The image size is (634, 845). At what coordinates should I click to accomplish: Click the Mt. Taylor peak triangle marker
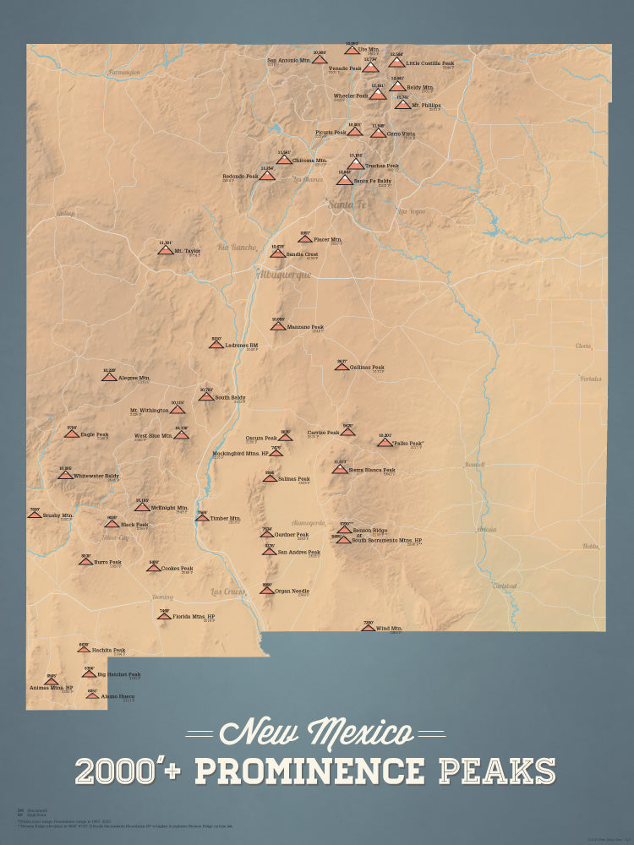(x=165, y=250)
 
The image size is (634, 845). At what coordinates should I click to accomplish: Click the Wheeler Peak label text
(x=350, y=96)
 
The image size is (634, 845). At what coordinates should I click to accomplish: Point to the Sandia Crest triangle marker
(x=277, y=253)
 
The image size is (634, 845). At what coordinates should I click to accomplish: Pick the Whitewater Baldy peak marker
(x=65, y=476)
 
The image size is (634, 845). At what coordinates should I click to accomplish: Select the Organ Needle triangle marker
(x=267, y=590)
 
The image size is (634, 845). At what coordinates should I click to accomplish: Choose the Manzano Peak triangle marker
(x=278, y=326)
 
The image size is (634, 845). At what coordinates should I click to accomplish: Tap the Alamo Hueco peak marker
(x=92, y=695)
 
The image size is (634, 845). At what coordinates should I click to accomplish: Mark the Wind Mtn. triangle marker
(x=368, y=628)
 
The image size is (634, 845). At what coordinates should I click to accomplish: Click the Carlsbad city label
(x=505, y=585)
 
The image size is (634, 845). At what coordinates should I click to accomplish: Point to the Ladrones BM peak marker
(x=216, y=345)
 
